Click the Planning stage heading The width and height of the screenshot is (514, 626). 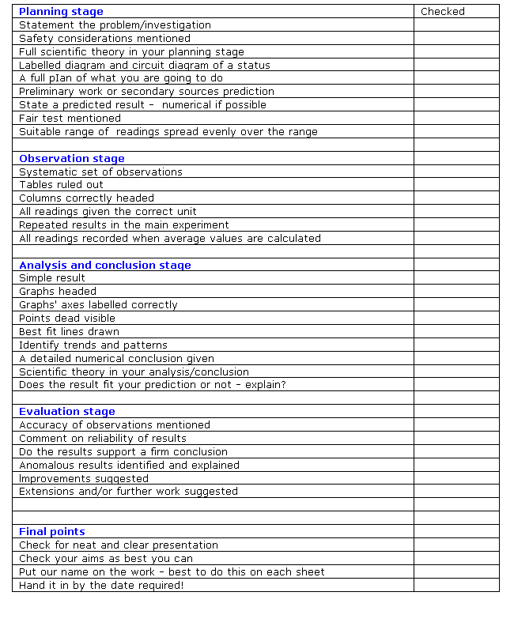click(61, 12)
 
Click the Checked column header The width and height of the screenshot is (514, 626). click(443, 12)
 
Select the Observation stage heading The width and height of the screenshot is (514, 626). click(72, 159)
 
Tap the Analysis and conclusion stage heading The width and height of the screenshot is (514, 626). click(105, 266)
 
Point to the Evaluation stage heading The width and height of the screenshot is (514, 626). click(67, 412)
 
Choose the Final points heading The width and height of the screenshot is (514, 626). click(52, 532)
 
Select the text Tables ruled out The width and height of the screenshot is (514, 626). click(62, 185)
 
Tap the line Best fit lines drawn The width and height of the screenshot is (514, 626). click(70, 332)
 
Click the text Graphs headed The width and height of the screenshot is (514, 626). click(58, 292)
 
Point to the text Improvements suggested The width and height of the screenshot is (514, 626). click(84, 478)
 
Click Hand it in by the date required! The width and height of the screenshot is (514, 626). click(101, 586)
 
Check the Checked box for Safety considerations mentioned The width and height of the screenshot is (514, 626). click(456, 39)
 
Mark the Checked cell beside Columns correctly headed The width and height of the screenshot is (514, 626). click(456, 198)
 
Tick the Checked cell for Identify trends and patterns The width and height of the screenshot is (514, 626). click(456, 345)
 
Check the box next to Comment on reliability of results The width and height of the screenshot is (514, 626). click(456, 439)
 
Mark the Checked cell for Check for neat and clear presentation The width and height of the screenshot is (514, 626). click(456, 545)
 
